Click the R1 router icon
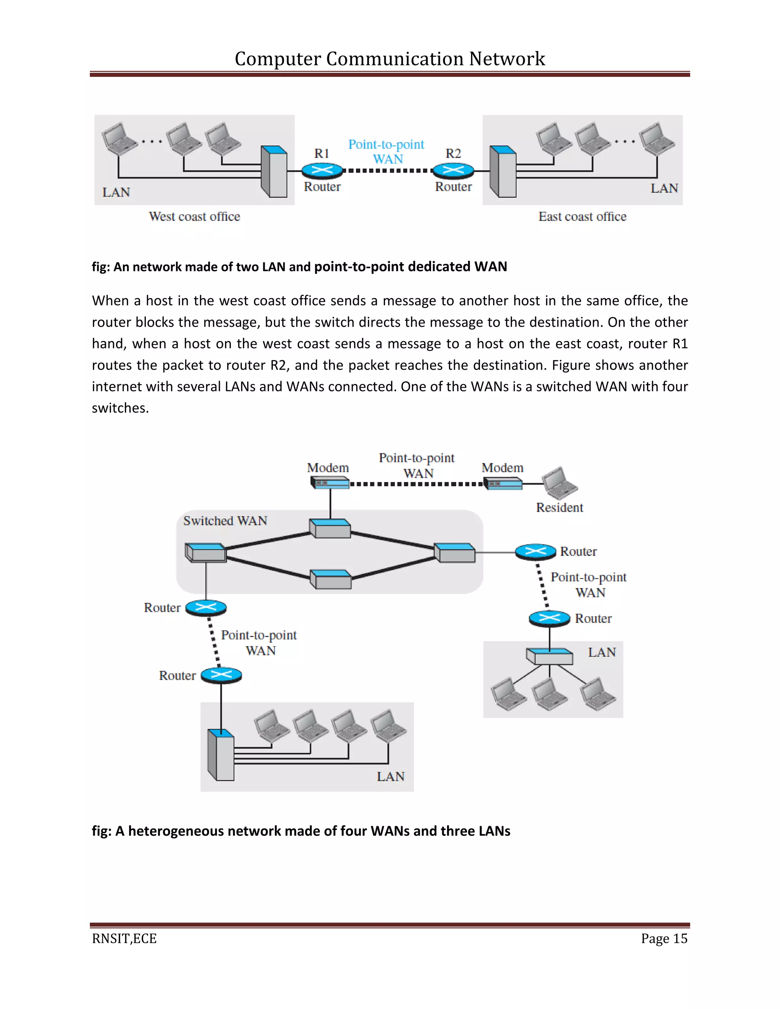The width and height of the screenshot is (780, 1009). coord(322,171)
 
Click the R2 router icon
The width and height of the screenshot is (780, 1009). coord(453,171)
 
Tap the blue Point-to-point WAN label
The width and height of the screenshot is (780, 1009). coord(386,152)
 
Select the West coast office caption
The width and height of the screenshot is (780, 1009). coord(194,217)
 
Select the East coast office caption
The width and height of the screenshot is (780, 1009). coord(582,217)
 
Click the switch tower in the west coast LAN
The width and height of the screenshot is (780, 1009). coord(273,171)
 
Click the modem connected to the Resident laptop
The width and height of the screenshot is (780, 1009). coord(503,484)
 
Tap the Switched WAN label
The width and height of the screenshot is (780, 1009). coord(225,520)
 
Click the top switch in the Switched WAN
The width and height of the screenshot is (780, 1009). coord(329,528)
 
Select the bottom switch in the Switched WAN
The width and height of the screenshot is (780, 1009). coord(330,580)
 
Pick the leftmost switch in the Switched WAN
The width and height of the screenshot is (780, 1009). coord(205,552)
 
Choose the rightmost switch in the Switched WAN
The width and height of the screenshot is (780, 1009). coord(455,552)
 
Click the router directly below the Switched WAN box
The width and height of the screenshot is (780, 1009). coord(206,608)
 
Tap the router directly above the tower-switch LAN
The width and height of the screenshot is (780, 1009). coord(221,675)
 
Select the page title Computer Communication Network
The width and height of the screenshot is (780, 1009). coord(390,59)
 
